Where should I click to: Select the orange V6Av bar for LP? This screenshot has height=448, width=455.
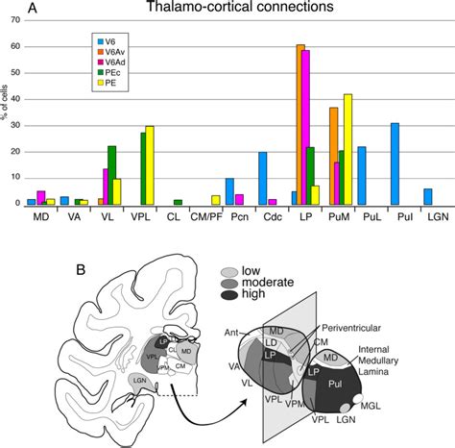pos(300,124)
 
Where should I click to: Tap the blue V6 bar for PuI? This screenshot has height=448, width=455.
pos(395,163)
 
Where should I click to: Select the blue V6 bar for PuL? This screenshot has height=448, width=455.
pos(362,175)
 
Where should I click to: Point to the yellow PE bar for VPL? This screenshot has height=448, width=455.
pos(150,164)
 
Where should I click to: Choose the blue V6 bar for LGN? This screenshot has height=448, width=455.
pos(428,196)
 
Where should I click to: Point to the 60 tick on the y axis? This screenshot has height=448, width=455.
pos(12,45)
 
